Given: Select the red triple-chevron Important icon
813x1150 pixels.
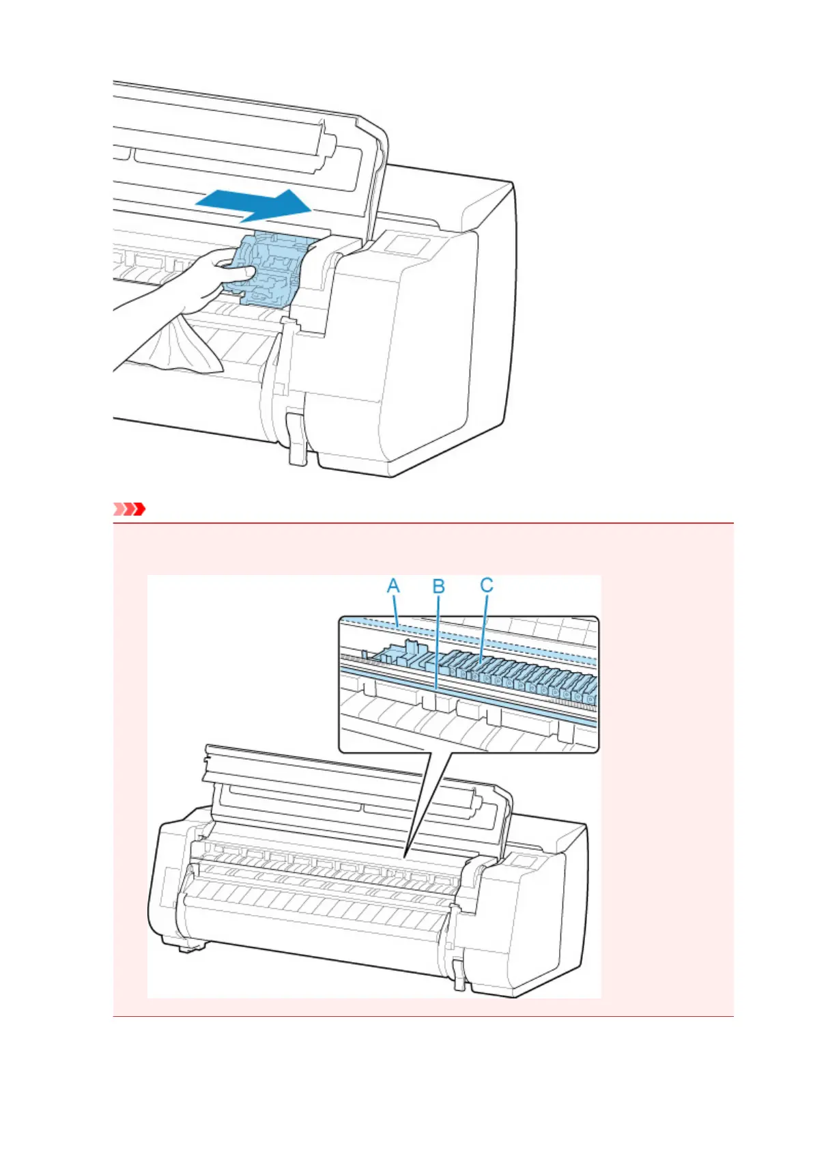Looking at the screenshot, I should coord(129,509).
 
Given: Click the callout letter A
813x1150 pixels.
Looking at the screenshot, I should coord(393,586).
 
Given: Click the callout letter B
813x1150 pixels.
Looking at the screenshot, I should coord(439,587).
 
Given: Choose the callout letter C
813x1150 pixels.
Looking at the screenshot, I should coord(486,585).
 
